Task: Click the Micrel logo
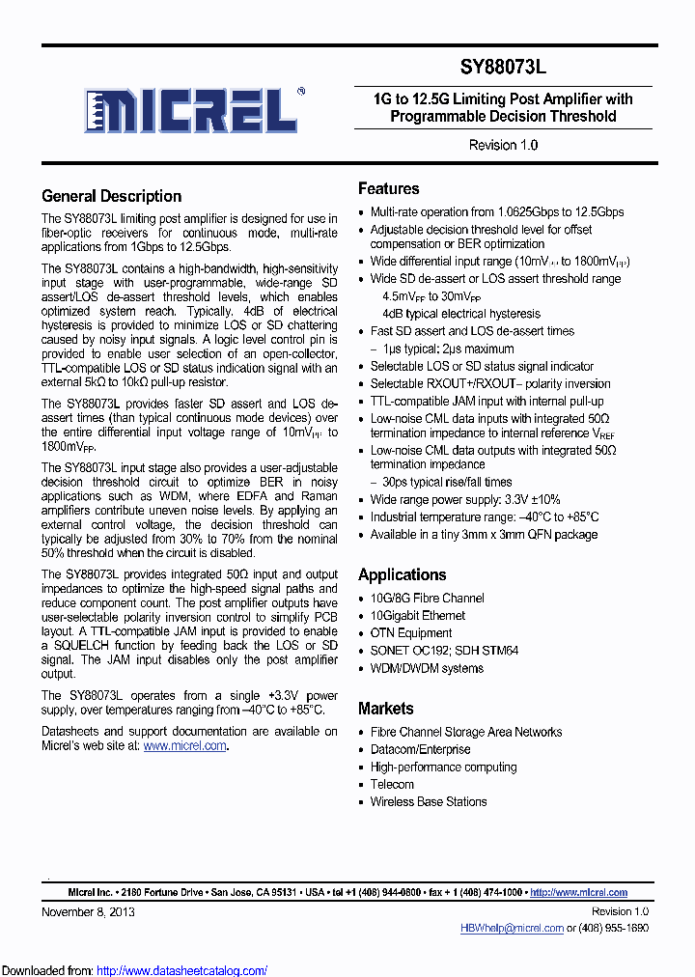(x=190, y=110)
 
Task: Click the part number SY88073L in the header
(x=503, y=68)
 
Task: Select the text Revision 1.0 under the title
(x=503, y=145)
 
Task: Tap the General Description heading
(x=112, y=196)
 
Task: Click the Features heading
(x=388, y=188)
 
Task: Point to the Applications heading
(x=402, y=574)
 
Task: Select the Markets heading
(x=385, y=708)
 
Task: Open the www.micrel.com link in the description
(x=185, y=745)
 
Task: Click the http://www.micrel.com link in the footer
(x=578, y=892)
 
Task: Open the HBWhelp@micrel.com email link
(x=512, y=928)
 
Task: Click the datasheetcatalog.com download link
(x=182, y=970)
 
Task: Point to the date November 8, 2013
(x=88, y=911)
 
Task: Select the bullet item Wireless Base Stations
(x=429, y=801)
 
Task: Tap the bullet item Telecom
(x=392, y=784)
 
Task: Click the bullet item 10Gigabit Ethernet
(x=417, y=615)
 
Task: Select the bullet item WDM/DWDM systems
(x=427, y=668)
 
